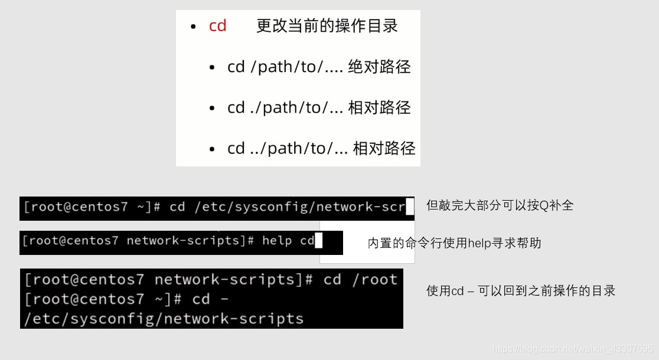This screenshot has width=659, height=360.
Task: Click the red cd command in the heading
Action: click(x=217, y=27)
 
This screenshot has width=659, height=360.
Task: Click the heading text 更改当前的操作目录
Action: click(x=327, y=26)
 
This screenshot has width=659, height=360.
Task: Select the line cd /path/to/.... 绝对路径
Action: click(x=319, y=67)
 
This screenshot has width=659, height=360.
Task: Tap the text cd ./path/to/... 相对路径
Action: click(x=319, y=107)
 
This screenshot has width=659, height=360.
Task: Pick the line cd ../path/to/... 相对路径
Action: click(x=321, y=148)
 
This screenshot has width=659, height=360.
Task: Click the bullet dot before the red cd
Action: click(x=193, y=27)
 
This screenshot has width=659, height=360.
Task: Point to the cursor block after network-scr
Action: click(x=410, y=207)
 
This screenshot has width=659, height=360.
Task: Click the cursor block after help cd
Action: click(x=318, y=241)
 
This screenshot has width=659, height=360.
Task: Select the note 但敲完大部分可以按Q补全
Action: click(x=500, y=205)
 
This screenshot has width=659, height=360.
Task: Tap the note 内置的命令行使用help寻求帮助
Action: click(x=454, y=243)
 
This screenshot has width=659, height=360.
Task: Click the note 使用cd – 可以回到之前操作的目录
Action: click(x=521, y=290)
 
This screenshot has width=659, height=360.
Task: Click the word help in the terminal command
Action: click(x=278, y=241)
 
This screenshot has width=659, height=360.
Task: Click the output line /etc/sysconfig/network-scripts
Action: click(x=164, y=319)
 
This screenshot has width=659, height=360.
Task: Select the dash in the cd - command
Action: click(x=224, y=299)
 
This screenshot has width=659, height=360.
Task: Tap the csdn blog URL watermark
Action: click(x=573, y=349)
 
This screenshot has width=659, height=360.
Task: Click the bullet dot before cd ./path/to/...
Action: click(x=212, y=109)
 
